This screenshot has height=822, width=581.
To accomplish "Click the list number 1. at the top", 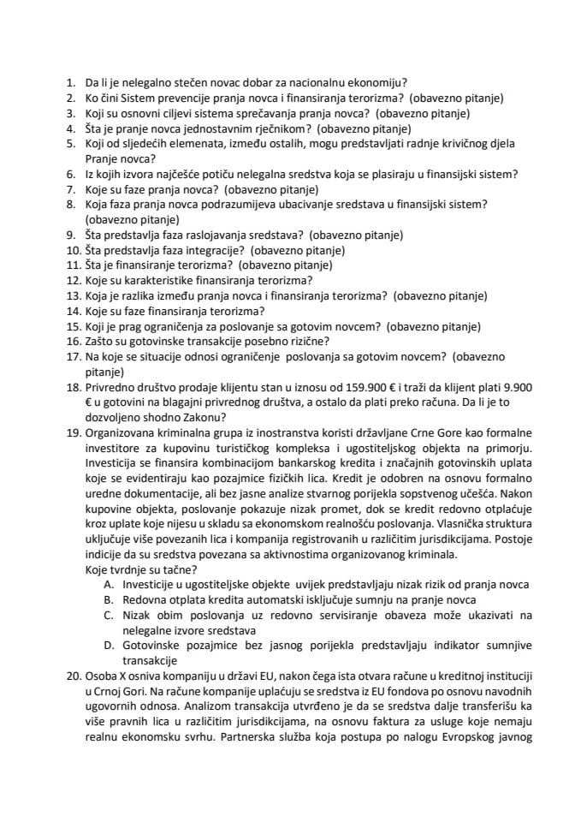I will tap(70, 84).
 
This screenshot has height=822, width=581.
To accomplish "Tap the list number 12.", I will tap(73, 279).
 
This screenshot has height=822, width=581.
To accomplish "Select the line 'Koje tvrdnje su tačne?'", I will tap(141, 569).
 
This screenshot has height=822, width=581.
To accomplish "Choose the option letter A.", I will tap(108, 584).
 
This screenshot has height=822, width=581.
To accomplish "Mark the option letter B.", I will tap(108, 599).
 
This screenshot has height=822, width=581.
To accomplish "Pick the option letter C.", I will tap(108, 615).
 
